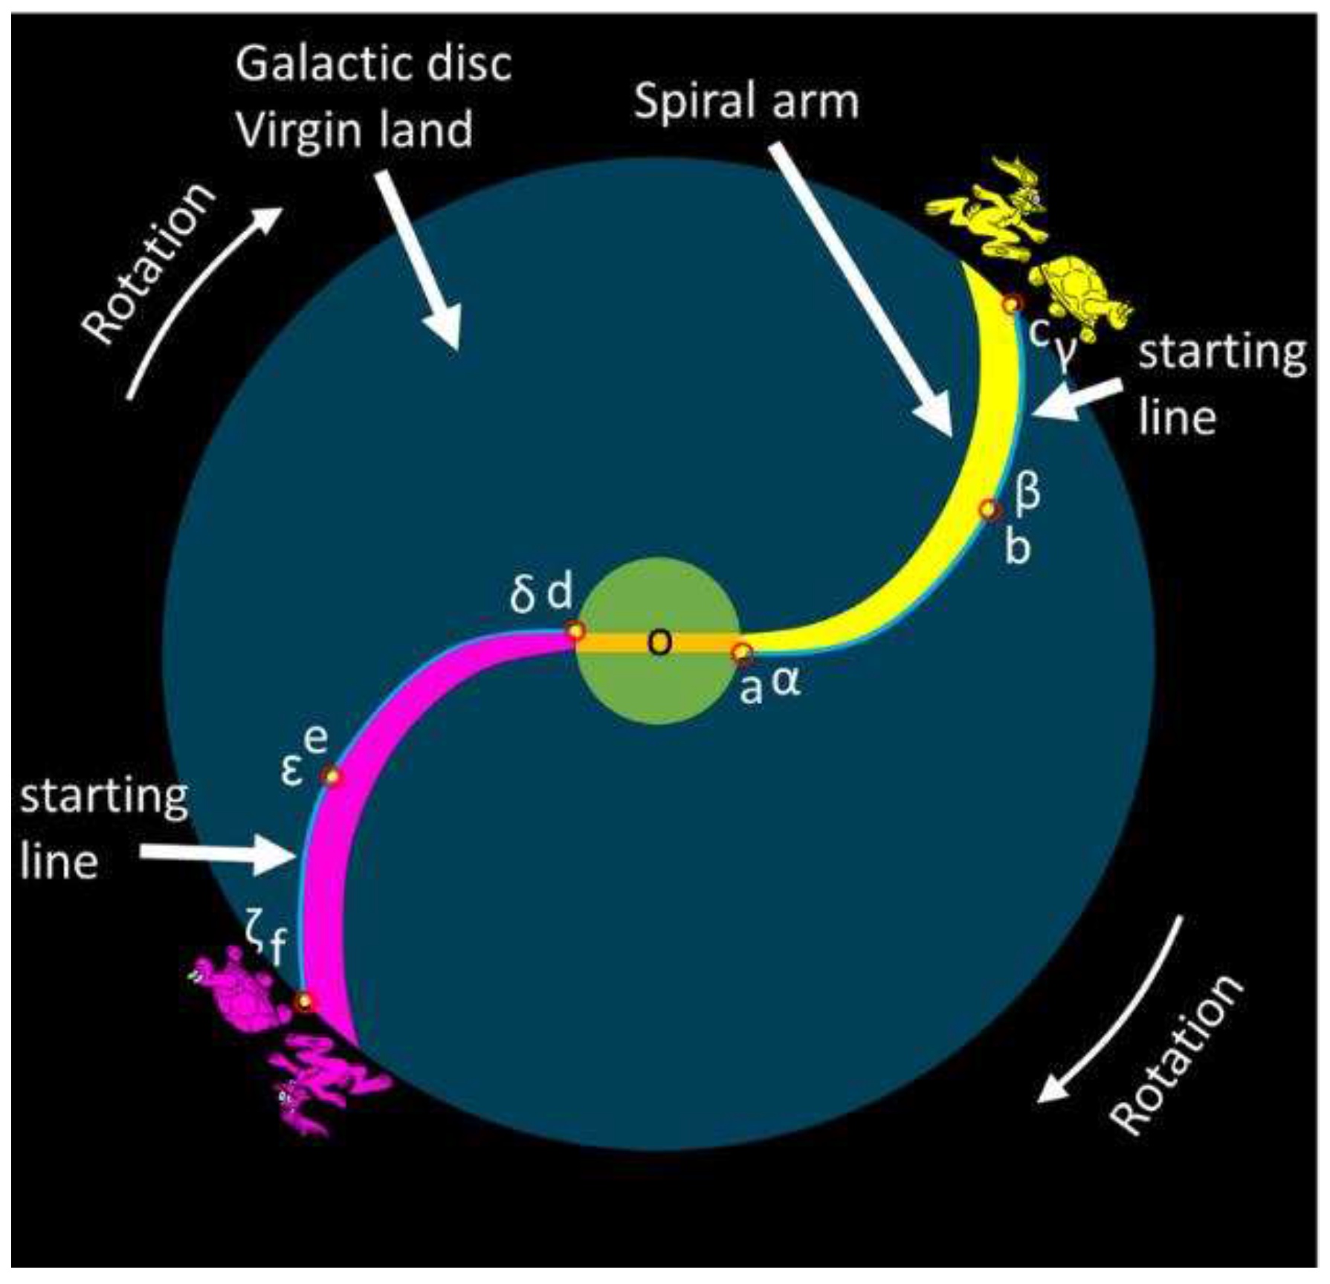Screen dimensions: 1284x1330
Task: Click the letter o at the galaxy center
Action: point(659,642)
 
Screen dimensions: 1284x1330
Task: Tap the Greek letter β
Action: point(1027,491)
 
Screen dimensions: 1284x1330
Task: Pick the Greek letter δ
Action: point(523,596)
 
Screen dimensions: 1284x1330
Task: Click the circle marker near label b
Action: point(989,510)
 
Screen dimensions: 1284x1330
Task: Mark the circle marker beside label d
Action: point(575,631)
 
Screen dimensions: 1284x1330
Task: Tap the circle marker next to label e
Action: point(332,777)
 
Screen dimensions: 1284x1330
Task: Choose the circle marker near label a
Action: point(742,653)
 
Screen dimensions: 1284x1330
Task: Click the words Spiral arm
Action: point(746,100)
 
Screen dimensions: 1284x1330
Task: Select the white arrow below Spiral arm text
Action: point(862,290)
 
